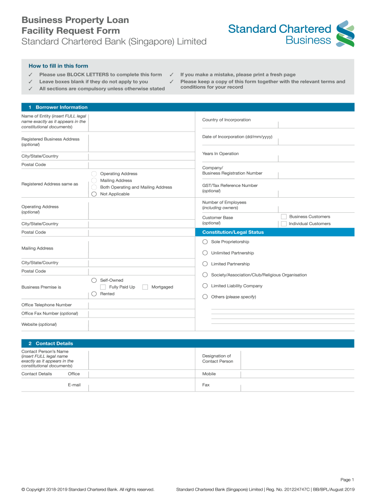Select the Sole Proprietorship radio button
[205, 242]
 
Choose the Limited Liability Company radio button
[205, 286]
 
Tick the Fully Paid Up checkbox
[104, 287]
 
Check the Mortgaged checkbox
[145, 287]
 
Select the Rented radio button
[94, 294]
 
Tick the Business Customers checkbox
[284, 217]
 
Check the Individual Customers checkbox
[284, 224]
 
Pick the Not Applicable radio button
[94, 194]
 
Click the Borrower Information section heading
[62, 107]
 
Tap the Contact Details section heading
[54, 343]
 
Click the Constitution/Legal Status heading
[233, 232]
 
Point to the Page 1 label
[347, 479]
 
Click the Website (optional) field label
[39, 324]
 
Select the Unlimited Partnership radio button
[205, 253]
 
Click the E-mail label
[74, 385]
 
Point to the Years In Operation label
[220, 154]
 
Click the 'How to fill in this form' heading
[58, 66]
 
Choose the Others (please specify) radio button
[205, 296]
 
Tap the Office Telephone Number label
[46, 305]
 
